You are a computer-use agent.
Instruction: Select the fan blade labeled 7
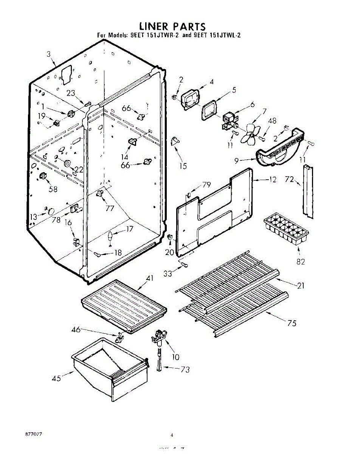250,134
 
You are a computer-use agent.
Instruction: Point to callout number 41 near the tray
150,278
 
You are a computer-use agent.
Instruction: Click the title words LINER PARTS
172,26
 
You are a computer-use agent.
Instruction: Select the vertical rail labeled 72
308,191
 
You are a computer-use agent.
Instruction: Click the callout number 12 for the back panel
273,180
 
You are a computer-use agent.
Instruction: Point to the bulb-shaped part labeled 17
110,237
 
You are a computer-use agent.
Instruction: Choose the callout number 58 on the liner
53,189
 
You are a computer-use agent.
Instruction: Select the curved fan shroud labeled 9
280,151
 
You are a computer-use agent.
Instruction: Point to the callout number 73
185,370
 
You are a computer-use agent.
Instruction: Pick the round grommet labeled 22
68,163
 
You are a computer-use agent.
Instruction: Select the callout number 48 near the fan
272,121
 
